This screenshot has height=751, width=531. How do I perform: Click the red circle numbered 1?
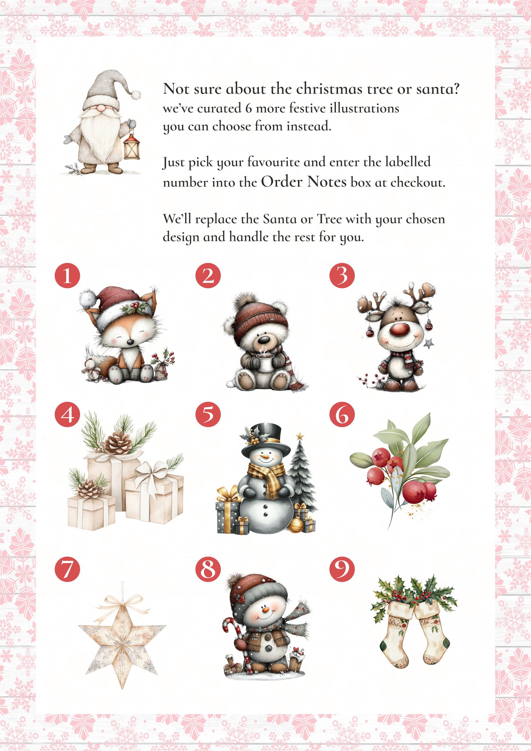click(x=67, y=275)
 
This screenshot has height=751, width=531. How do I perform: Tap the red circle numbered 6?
click(x=342, y=415)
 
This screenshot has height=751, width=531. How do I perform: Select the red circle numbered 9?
click(x=342, y=569)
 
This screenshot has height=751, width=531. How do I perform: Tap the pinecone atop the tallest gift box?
click(x=118, y=443)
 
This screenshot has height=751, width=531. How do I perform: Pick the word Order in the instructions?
click(x=282, y=182)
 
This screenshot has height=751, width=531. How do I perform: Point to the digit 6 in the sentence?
click(x=249, y=108)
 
